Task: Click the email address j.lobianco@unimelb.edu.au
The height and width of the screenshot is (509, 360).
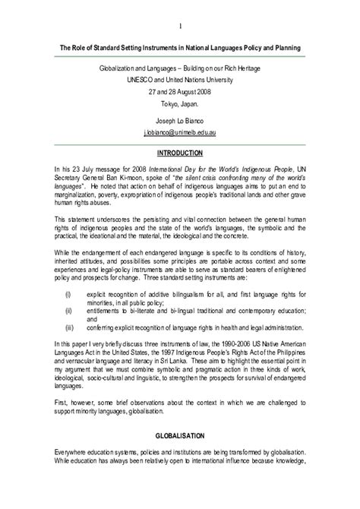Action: pyautogui.click(x=180, y=131)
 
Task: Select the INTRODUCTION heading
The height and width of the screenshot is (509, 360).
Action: pyautogui.click(x=180, y=153)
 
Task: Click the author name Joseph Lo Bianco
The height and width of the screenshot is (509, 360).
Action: pyautogui.click(x=180, y=120)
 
